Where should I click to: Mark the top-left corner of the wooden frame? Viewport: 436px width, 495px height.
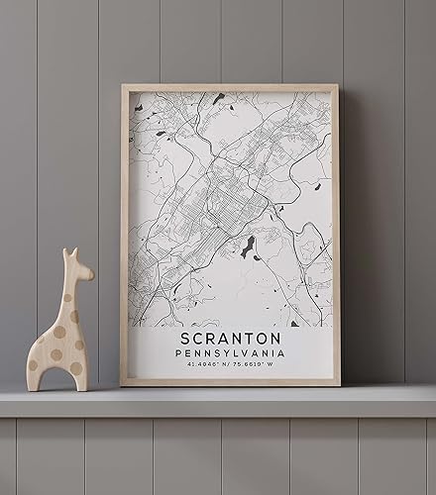tap(123, 86)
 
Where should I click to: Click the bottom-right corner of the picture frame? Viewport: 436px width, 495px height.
tap(339, 384)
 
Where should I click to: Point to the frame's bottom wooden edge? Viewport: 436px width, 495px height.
tap(230, 382)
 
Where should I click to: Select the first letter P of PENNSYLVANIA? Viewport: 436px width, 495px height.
tap(176, 353)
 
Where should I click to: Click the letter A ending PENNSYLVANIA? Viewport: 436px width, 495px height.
tap(281, 353)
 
